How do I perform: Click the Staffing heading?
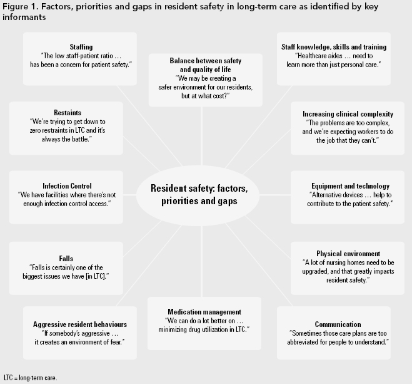point(81,47)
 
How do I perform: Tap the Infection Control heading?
point(67,186)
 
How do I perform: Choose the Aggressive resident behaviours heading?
point(80,324)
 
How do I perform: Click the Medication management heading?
point(205,312)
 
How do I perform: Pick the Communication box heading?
point(338,324)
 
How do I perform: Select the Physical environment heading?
point(339,254)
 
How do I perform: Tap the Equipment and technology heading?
point(351,186)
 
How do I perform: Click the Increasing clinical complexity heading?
point(348,114)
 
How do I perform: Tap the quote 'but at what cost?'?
point(205,96)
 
